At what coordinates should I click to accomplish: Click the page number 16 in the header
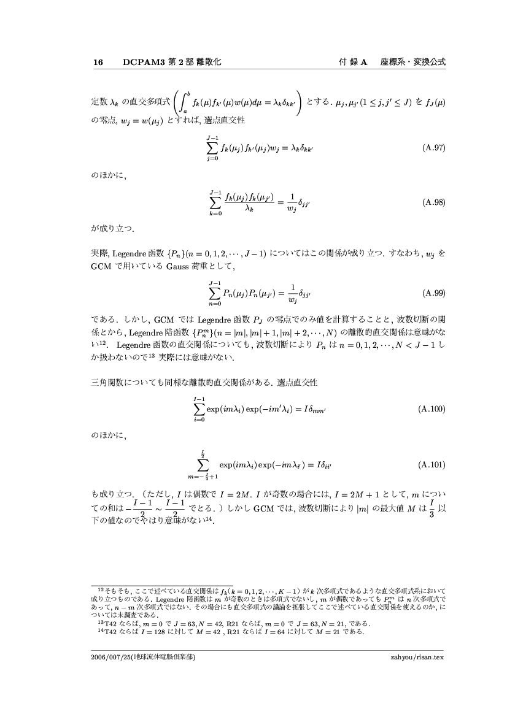pos(97,63)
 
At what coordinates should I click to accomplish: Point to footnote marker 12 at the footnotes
pos(101,588)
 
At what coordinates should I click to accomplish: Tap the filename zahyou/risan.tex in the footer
pos(416,657)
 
